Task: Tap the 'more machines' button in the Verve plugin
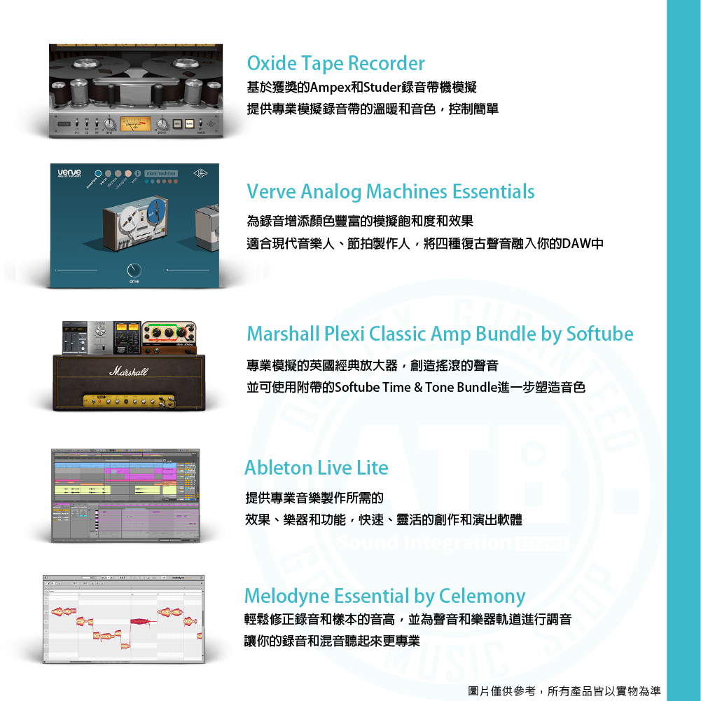pos(161,173)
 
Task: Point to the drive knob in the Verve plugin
pos(134,271)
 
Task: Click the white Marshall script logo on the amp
pos(128,371)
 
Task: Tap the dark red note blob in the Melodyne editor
pos(143,621)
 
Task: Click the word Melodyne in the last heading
pos(287,597)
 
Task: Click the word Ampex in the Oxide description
pos(332,88)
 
